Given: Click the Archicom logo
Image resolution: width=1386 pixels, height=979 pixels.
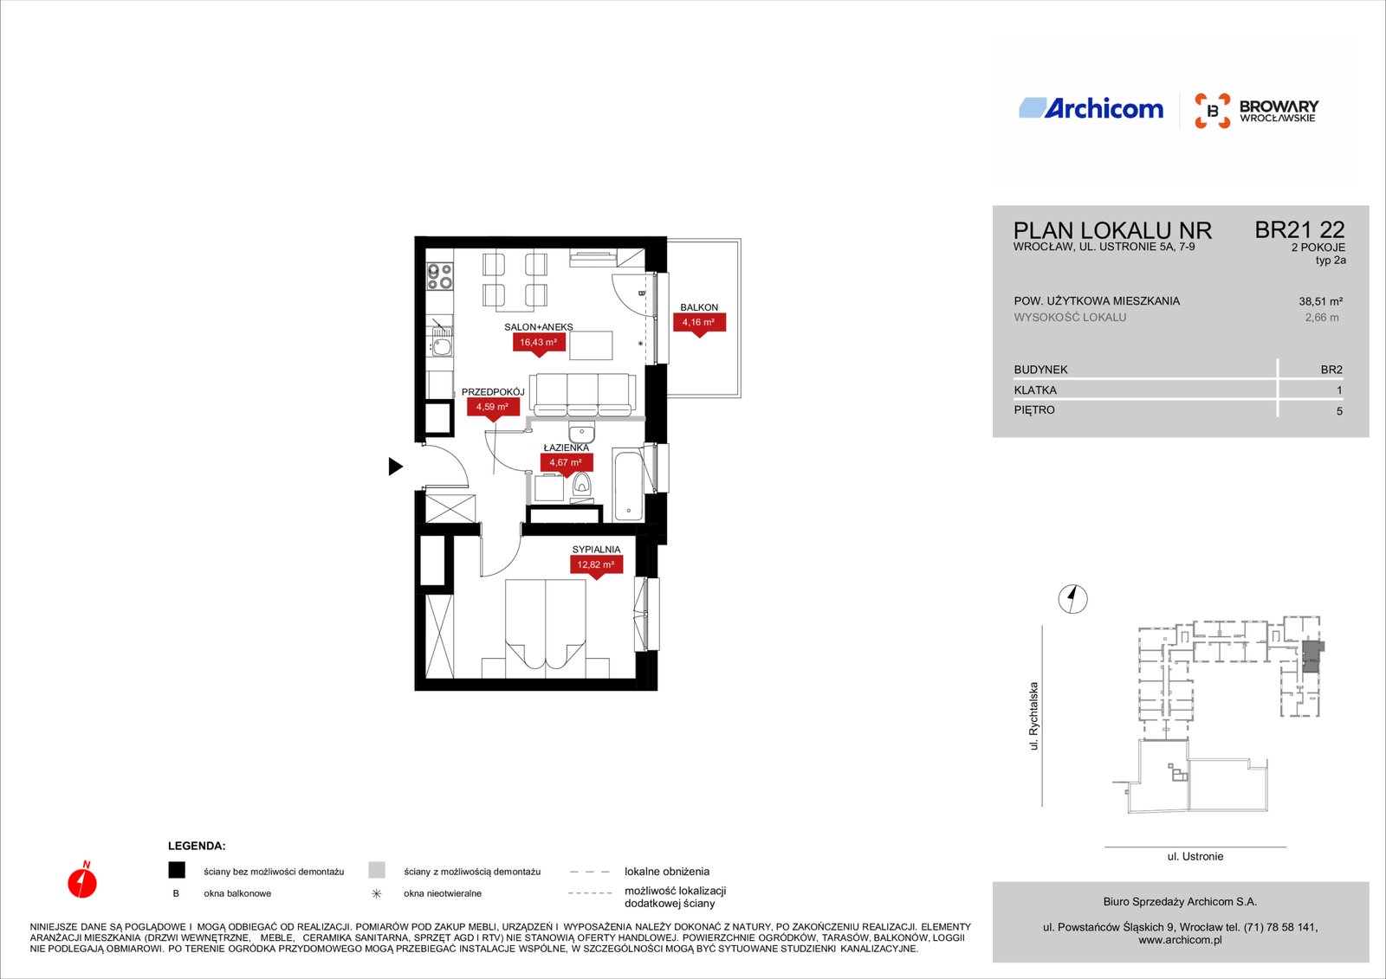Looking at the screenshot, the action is (x=1091, y=108).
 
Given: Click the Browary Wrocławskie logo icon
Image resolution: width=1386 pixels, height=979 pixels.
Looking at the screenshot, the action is (x=1212, y=111).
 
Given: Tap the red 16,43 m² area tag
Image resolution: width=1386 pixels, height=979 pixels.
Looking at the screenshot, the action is (x=538, y=345).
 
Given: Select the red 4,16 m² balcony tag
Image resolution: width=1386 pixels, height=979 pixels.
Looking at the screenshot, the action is (x=698, y=325).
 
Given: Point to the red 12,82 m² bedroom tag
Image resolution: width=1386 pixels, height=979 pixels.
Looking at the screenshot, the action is (x=595, y=567).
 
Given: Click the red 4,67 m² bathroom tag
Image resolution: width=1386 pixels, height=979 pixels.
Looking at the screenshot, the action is (x=567, y=465).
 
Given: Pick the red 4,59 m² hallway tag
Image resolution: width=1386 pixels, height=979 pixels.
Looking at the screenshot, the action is (x=493, y=409).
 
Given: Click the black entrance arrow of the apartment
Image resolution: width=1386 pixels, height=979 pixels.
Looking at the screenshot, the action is (x=395, y=467).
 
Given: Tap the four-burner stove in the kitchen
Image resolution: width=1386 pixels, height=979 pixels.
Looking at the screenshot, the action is (x=440, y=276).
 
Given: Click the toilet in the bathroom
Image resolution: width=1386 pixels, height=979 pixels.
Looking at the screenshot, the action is (x=581, y=484).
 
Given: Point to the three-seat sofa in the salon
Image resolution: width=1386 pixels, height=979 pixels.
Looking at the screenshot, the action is (x=582, y=396).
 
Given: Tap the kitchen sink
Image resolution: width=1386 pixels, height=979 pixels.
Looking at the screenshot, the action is (x=441, y=344).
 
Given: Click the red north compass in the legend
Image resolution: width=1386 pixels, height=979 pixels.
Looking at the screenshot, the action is (x=82, y=880).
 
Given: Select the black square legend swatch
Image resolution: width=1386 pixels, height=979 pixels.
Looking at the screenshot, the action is (x=177, y=871).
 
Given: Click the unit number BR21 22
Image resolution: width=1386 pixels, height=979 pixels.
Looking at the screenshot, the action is (x=1299, y=230).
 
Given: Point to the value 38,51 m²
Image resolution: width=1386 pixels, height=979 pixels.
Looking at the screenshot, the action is (x=1320, y=301).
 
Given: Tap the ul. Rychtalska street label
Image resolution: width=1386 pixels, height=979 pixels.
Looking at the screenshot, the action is (x=1033, y=716).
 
